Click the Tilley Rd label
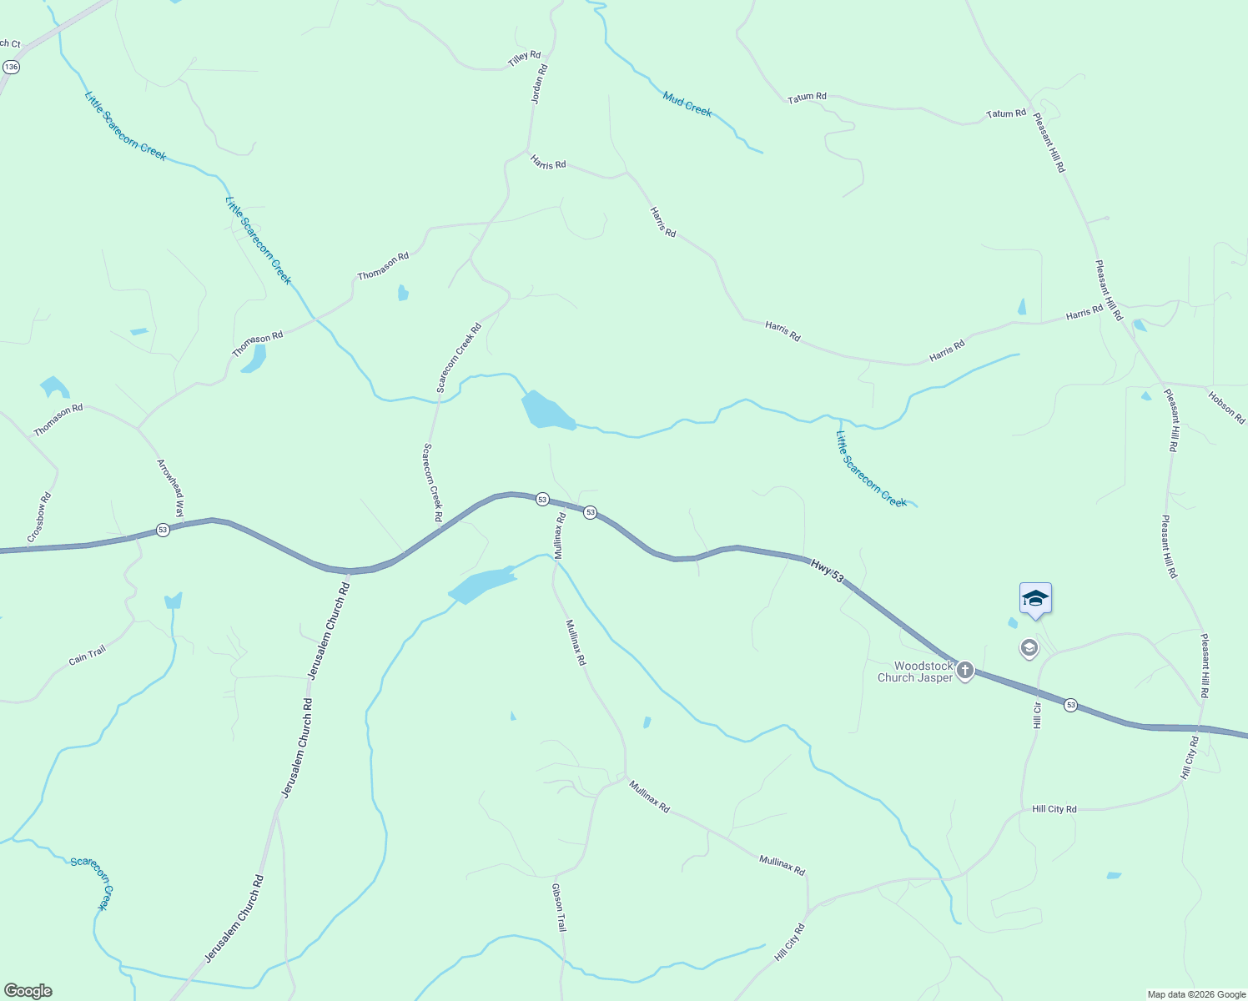[x=524, y=59]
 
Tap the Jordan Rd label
[x=540, y=84]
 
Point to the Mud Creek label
[x=687, y=104]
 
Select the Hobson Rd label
[x=1226, y=407]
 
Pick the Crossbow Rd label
[x=39, y=517]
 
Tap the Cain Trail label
[x=87, y=656]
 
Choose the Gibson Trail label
[x=559, y=908]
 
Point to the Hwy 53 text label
[x=828, y=571]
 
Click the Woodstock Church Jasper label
[x=914, y=672]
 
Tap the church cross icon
[x=965, y=670]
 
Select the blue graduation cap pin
[x=1035, y=599]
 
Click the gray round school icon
[x=1029, y=647]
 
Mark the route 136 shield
[x=11, y=66]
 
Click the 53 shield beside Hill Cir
[x=1070, y=705]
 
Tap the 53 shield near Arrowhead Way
[x=163, y=530]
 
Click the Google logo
[x=28, y=991]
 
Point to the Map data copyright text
[x=1195, y=994]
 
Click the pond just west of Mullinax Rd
[x=482, y=586]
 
